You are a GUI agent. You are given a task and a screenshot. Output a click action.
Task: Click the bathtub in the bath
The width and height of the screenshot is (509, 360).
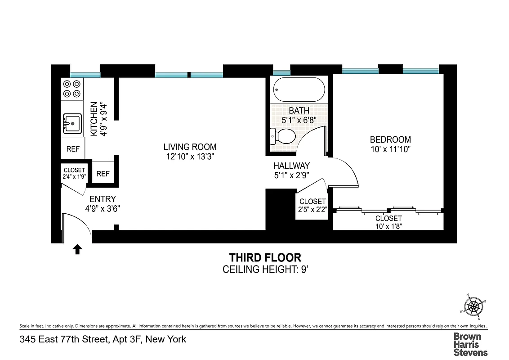pos(299,90)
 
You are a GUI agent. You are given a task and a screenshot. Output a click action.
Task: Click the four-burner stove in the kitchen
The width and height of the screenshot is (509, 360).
pos(72,89)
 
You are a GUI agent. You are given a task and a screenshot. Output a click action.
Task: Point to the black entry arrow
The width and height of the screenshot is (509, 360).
pos(77,249)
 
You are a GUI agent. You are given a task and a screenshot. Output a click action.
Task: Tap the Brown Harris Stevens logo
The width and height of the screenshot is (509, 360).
pos(470,344)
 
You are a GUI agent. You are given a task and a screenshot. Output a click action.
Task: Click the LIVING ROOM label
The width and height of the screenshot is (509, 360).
pos(190,147)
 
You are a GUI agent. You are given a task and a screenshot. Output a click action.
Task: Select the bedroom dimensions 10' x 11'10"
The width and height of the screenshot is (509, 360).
pos(390,148)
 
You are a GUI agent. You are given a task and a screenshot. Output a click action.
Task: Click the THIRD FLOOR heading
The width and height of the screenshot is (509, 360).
pos(265,257)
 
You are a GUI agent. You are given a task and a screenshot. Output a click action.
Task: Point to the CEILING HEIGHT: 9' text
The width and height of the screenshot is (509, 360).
pos(265,270)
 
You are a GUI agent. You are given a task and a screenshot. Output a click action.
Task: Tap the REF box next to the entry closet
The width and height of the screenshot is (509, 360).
pos(103,174)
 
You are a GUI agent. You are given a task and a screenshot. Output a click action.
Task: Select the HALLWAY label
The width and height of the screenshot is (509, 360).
pos(291,166)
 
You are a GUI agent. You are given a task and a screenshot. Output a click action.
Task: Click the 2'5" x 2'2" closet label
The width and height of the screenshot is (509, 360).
pos(313,209)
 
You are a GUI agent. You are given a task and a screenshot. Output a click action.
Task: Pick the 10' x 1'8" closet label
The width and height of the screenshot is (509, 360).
pos(388,226)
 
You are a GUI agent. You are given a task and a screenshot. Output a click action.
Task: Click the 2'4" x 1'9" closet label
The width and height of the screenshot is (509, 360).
pos(74,176)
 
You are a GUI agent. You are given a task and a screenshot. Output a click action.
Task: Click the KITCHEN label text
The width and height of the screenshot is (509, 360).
pos(94,119)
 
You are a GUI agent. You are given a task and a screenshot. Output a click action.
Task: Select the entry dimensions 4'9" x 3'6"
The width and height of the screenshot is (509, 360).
pos(103,208)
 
